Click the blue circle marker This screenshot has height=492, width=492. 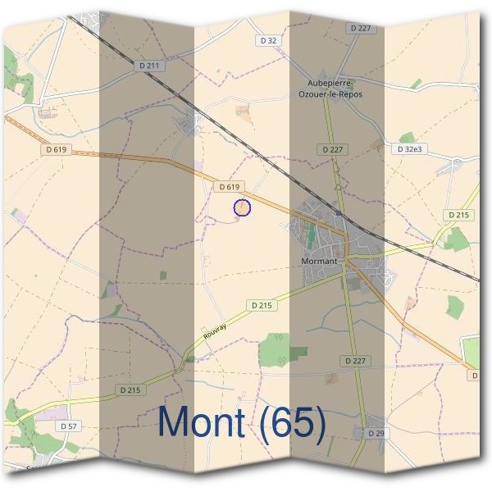coord(242,208)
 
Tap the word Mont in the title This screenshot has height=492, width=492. coord(202,422)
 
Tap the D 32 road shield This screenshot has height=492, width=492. coord(268,40)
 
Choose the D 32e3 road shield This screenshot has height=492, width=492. coord(408,150)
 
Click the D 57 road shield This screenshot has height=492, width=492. coord(69,426)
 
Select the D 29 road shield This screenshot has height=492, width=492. coord(376,432)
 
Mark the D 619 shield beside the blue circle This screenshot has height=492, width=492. coord(230,187)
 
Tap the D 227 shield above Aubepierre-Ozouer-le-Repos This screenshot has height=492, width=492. coord(361,28)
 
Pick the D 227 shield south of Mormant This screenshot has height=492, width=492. coord(354,361)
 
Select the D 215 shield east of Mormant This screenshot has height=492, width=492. coord(458,215)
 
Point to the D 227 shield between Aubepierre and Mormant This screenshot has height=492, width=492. coord(332,149)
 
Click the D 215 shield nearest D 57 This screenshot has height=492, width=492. coord(130,389)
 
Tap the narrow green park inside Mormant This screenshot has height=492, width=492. coord(311,237)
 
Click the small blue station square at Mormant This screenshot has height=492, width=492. coord(338,212)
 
